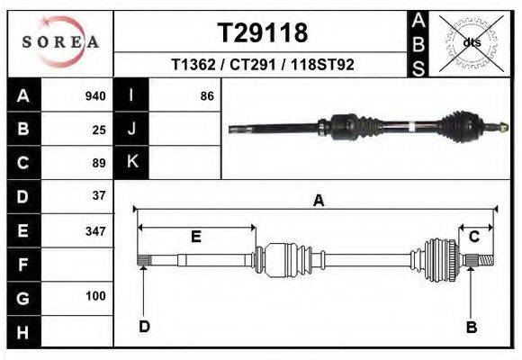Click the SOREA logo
tap(60, 42)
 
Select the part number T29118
tap(263, 33)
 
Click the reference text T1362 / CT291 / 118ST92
tap(263, 66)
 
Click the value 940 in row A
tap(95, 96)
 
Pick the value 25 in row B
tap(99, 130)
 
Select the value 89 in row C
tap(99, 163)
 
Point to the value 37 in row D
tap(99, 195)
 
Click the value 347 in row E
tap(95, 230)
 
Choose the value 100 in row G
tap(95, 296)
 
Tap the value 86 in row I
tap(207, 96)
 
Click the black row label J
tap(131, 129)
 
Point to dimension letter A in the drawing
tap(318, 202)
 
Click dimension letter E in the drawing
tap(195, 237)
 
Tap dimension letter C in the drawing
tap(473, 236)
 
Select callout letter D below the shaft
tap(143, 327)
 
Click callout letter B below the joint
tap(471, 328)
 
